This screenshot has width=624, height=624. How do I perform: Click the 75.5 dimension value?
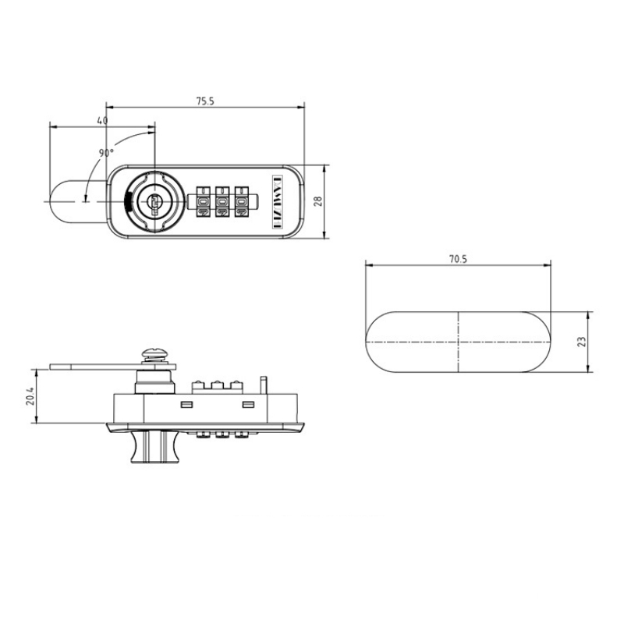tap(204, 101)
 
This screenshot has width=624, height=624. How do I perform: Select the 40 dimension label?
tap(102, 121)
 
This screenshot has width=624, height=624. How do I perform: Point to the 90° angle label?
tap(107, 153)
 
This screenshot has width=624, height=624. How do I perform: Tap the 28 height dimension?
tap(317, 200)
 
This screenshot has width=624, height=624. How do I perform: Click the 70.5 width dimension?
tap(458, 260)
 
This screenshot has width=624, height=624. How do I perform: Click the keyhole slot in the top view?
tap(154, 203)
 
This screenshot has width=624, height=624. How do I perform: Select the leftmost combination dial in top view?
tap(203, 201)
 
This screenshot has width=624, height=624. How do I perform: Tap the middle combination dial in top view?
tap(222, 201)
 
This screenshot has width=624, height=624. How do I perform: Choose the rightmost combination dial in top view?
tap(240, 201)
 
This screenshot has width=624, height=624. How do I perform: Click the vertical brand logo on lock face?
tap(275, 201)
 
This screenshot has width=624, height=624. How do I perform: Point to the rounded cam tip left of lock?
tap(59, 200)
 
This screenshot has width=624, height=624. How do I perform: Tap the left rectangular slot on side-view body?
tap(186, 404)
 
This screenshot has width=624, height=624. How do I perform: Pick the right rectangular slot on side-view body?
tap(248, 404)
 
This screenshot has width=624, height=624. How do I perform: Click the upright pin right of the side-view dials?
tap(265, 385)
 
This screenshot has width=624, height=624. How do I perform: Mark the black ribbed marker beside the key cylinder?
tap(126, 201)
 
